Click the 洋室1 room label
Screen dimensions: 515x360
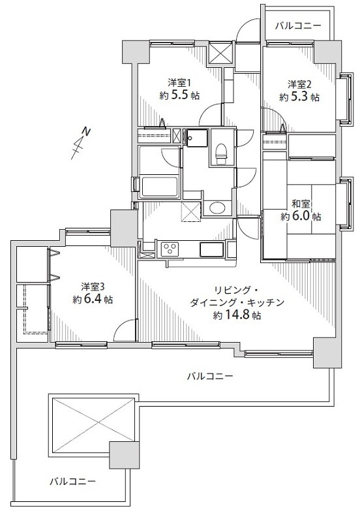point(179,83)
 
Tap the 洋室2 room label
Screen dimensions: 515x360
point(299,84)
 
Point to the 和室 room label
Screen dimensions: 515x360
point(301,203)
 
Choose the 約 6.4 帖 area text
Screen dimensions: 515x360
point(93,300)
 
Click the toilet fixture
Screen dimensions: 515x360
point(220,152)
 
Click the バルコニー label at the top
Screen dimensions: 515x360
point(297,26)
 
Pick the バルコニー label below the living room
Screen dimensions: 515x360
point(209,376)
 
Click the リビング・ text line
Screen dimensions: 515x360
point(237,289)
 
